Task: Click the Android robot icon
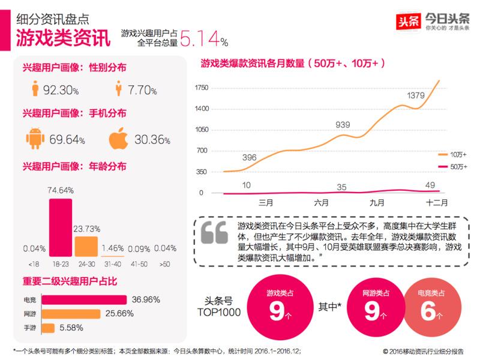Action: point(36,139)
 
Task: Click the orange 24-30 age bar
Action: point(86,246)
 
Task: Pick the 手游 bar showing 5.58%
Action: point(48,328)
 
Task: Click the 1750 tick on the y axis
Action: point(202,88)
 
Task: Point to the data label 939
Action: point(343,125)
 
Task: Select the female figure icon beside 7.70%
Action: point(118,90)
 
